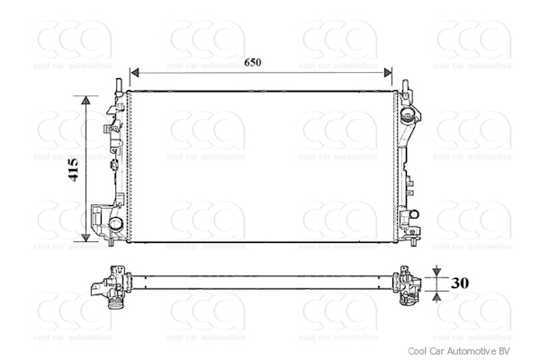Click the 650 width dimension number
[253, 62]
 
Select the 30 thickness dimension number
[460, 283]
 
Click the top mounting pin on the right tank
[407, 86]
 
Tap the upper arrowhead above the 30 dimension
[436, 271]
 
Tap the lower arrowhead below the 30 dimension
[436, 294]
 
